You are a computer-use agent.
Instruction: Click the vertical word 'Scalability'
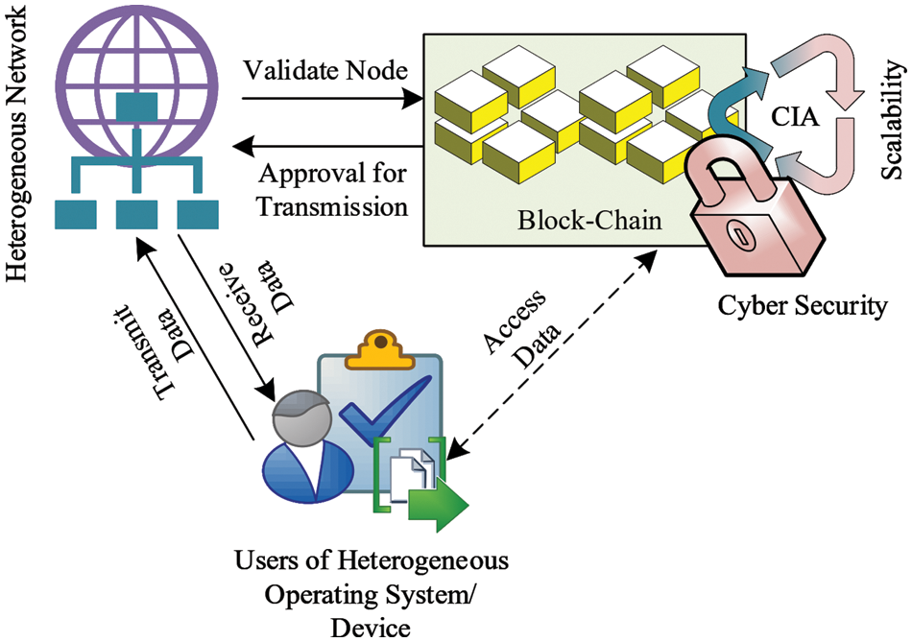(893, 120)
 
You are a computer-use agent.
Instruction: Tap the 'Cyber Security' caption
(803, 307)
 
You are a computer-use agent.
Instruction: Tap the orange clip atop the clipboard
(381, 348)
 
